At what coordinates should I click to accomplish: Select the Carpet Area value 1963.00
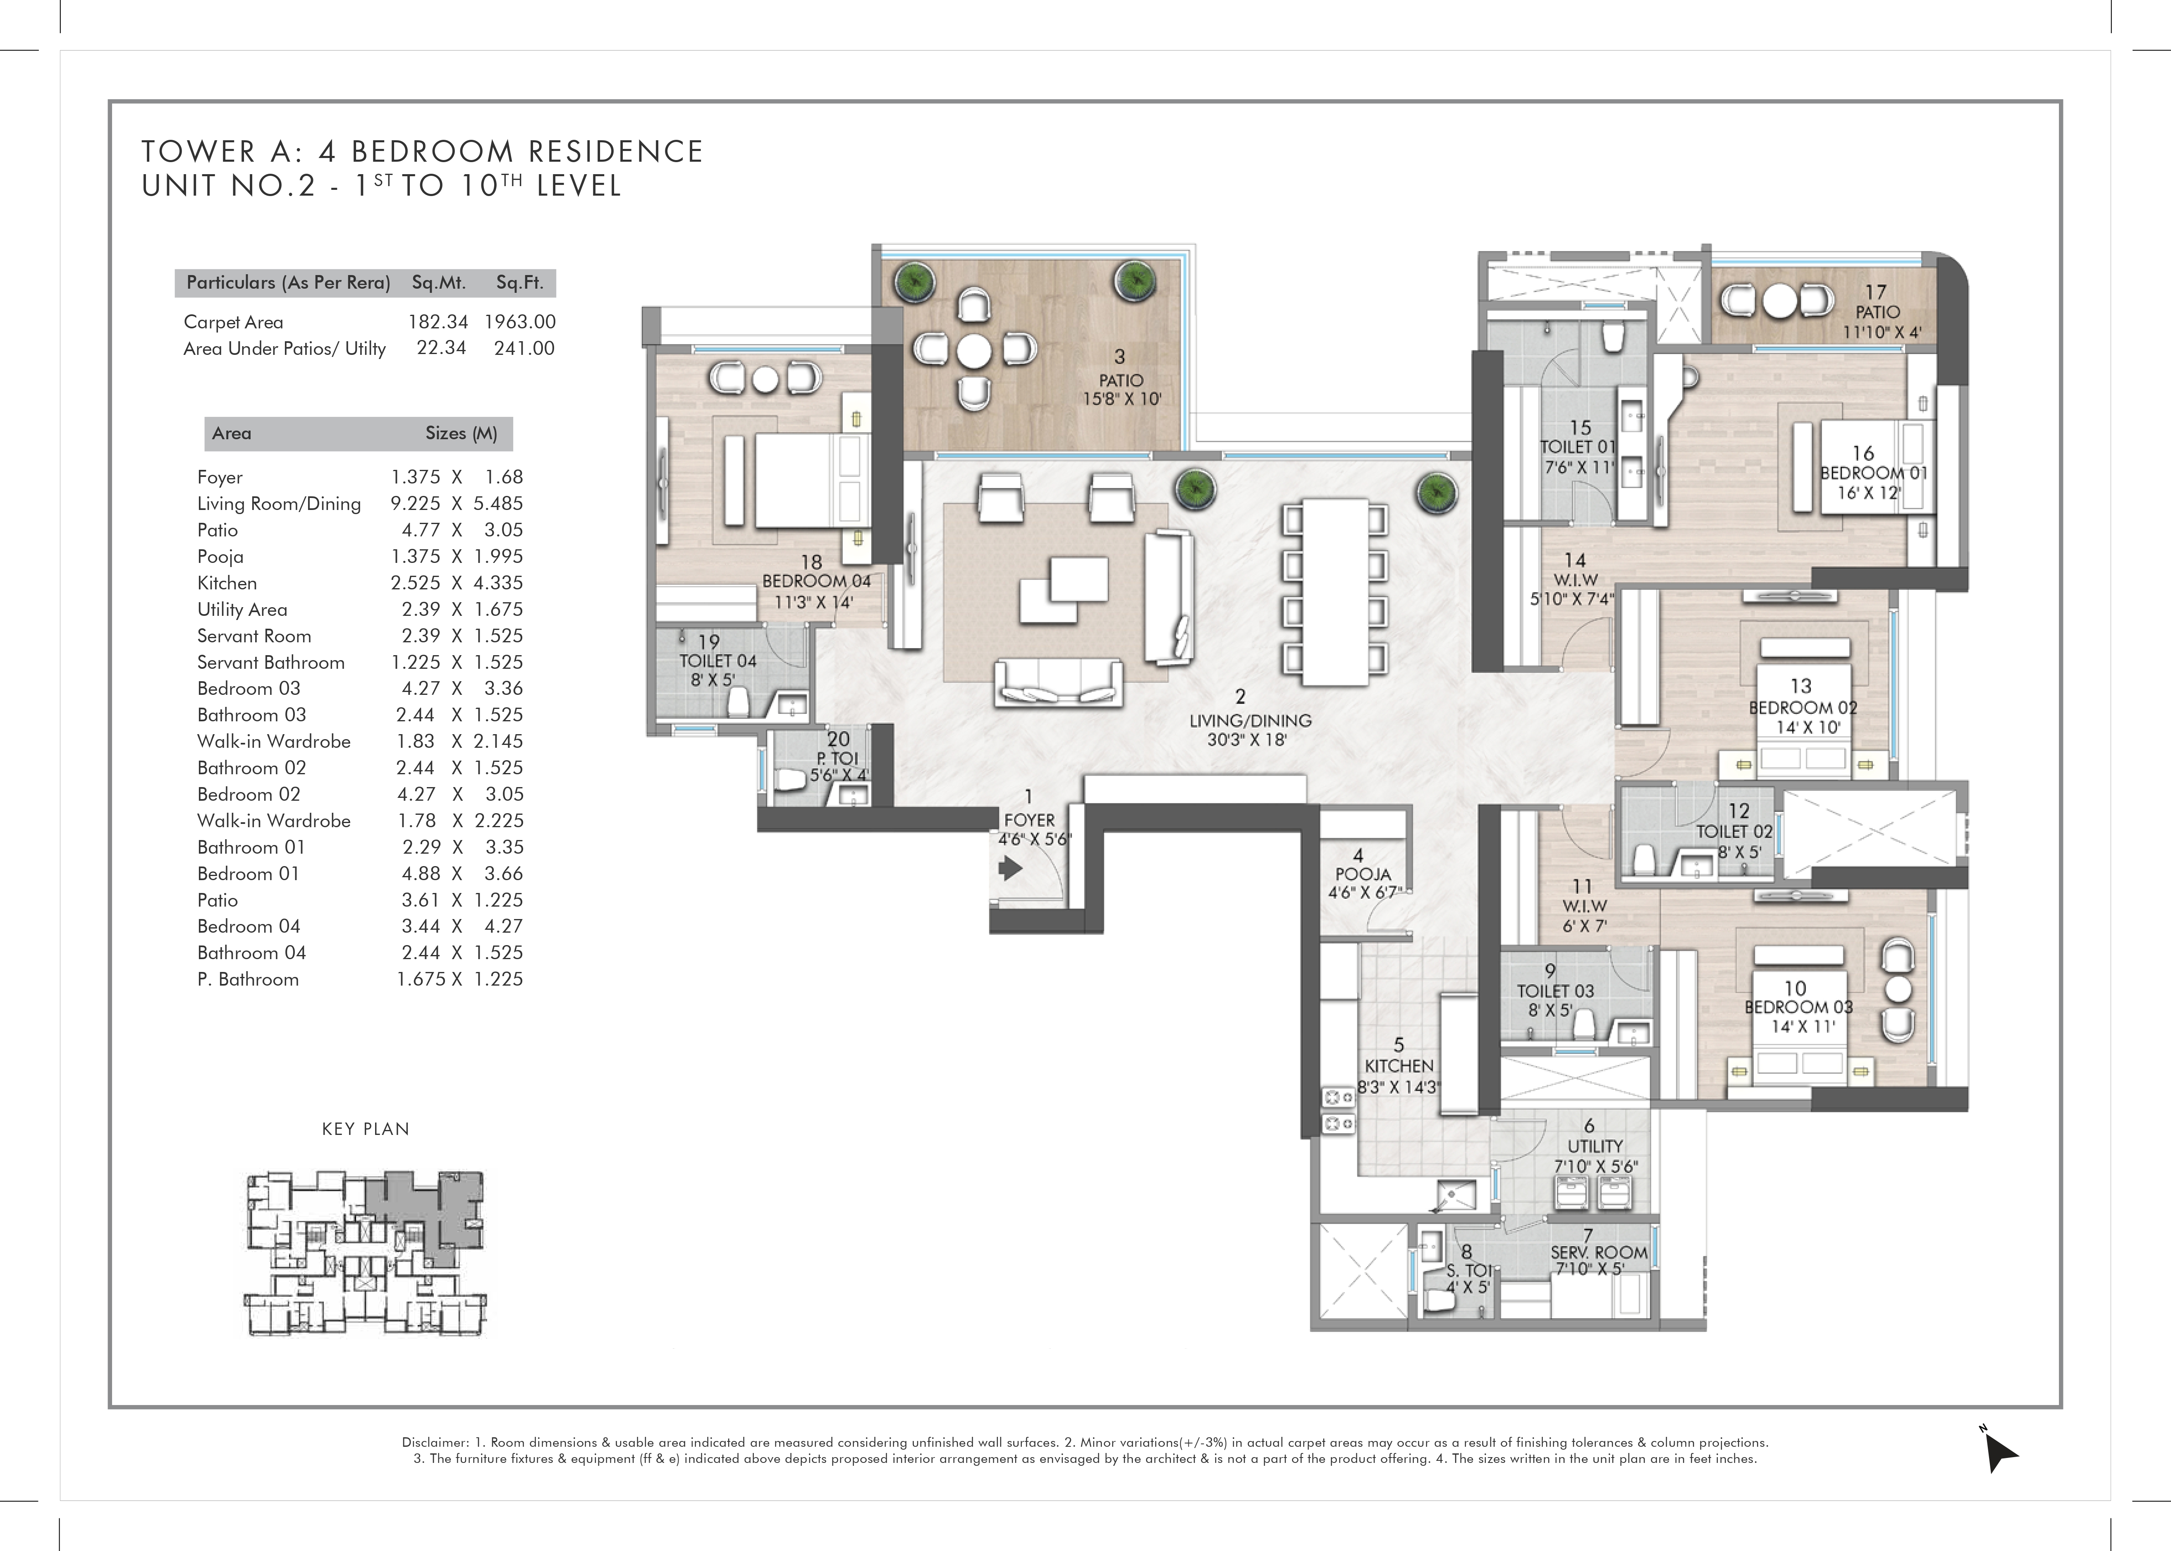click(x=519, y=322)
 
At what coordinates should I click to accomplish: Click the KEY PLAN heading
click(x=366, y=1129)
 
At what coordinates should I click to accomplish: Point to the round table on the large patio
click(x=975, y=350)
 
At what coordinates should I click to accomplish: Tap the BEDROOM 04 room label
click(x=816, y=581)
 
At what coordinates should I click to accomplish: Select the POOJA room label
click(x=1363, y=874)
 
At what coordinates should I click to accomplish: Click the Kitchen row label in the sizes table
click(x=227, y=583)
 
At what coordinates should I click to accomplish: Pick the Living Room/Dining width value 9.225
click(x=415, y=503)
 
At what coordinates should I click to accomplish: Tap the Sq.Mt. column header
click(x=438, y=282)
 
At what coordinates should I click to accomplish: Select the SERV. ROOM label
click(x=1599, y=1252)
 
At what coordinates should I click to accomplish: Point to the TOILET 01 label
click(x=1578, y=447)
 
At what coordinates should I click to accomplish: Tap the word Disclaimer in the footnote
click(x=435, y=1442)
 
